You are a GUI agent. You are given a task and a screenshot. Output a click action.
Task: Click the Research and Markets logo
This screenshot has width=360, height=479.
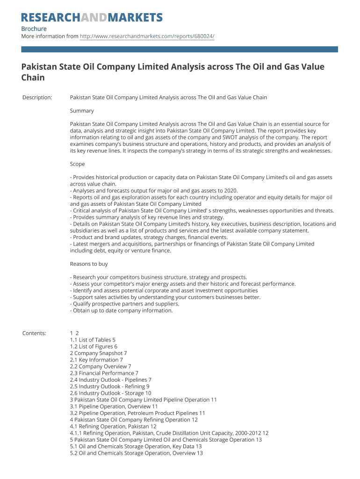(92, 18)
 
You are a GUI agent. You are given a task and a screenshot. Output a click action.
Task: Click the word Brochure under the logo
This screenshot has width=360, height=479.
(34, 29)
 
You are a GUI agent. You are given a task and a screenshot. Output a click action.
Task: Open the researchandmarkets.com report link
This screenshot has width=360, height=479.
(147, 36)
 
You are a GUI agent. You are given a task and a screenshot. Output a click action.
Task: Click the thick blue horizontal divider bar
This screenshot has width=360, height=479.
(180, 49)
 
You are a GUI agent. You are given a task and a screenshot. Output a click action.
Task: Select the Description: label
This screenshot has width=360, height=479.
(37, 98)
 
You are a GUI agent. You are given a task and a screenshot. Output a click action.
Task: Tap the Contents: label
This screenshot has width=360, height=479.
(34, 333)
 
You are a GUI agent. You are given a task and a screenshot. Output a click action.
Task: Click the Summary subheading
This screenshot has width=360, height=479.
(82, 111)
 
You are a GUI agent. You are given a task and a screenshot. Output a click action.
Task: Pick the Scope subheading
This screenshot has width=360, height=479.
(77, 164)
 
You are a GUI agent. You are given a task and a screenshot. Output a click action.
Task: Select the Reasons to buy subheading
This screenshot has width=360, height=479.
(89, 264)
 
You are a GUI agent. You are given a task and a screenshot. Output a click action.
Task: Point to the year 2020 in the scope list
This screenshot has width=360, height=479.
(230, 191)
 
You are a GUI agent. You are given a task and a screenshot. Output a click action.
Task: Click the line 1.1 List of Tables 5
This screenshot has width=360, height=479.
(93, 340)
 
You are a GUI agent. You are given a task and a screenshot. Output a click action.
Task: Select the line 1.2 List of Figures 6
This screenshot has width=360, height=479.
(94, 347)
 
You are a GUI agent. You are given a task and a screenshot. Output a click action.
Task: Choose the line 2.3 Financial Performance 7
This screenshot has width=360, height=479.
(104, 373)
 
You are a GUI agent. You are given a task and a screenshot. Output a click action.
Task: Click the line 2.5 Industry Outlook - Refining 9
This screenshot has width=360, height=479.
(109, 386)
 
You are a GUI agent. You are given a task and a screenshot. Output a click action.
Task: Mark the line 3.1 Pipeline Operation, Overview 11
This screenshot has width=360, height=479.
(114, 406)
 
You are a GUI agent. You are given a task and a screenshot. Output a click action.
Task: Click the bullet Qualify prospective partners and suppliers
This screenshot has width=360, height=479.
(124, 304)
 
